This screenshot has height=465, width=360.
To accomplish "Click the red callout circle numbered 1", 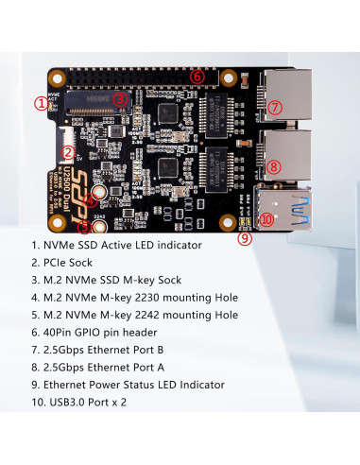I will point(41,102).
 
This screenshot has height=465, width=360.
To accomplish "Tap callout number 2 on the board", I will point(68,150).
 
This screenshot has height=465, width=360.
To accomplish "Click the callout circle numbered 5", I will point(84,227).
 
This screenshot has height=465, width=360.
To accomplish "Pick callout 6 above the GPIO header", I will point(197,76).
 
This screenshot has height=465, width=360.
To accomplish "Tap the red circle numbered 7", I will point(274,107).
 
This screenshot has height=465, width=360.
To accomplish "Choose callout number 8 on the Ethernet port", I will point(274,167).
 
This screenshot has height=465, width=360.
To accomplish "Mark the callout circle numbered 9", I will point(245,239).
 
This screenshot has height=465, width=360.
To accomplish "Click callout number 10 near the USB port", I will point(266,219).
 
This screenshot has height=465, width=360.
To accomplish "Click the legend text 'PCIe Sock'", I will point(76,263).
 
